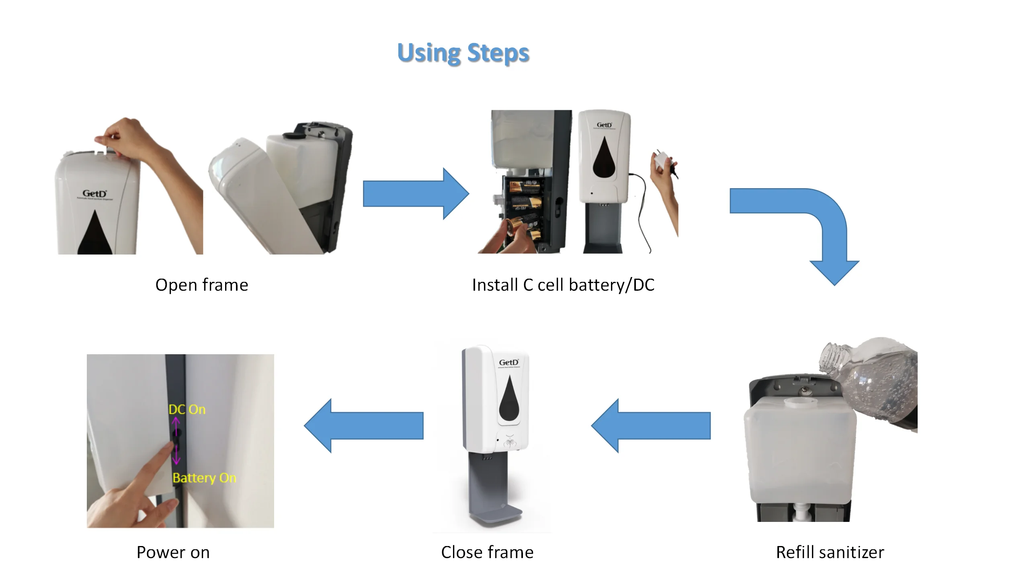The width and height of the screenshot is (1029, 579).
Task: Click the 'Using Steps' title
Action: pos(463,53)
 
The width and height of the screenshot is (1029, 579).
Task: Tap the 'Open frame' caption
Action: pos(202,285)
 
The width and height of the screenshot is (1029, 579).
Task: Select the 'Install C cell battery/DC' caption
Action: pos(563,285)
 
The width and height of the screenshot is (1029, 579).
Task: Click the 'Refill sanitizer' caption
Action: pos(830,552)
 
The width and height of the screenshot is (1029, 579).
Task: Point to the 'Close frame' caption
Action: pos(487,552)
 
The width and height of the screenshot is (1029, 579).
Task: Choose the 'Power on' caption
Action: pos(173,552)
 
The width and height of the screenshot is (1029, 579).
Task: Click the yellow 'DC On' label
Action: pos(187,410)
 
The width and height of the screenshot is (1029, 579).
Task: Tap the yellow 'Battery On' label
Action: pos(204,478)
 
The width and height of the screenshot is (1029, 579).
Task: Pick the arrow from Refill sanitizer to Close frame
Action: pos(651,425)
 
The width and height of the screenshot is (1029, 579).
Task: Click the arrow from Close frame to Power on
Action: pos(364,425)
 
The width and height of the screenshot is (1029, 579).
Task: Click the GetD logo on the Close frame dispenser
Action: pos(509,362)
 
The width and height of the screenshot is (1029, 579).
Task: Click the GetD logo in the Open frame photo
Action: pos(94,194)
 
